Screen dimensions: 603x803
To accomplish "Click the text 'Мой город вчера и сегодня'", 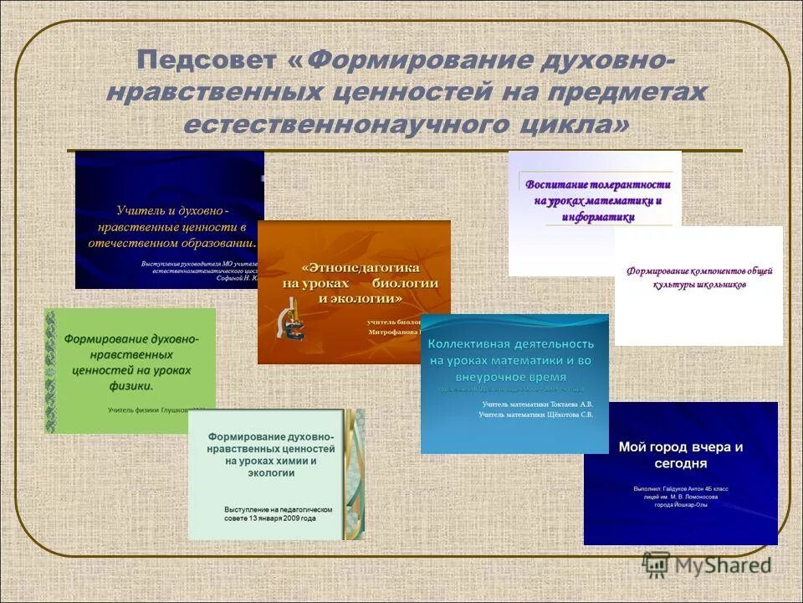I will (x=680, y=455).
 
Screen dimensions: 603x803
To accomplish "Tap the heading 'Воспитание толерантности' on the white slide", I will (x=597, y=184).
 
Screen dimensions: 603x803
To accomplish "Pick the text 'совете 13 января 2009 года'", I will (x=269, y=518).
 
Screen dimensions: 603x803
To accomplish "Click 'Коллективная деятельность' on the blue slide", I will (x=511, y=343).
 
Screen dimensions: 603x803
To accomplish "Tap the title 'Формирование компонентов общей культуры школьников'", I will (x=699, y=277).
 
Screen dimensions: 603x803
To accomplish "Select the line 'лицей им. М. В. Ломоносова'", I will (x=680, y=496).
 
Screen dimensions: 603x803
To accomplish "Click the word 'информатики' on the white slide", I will (x=597, y=217).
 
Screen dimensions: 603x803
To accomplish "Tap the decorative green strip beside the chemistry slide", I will (x=355, y=473).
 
